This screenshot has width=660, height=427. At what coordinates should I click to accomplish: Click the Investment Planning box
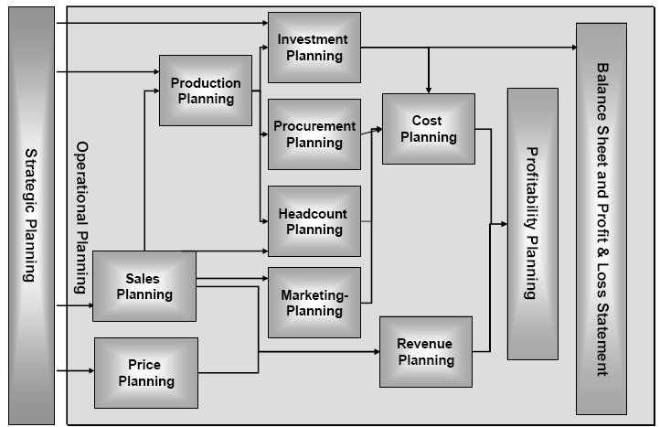pyautogui.click(x=314, y=48)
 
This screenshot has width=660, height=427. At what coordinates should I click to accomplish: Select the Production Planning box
pyautogui.click(x=206, y=91)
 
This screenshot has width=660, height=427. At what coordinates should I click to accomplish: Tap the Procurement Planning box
pyautogui.click(x=314, y=133)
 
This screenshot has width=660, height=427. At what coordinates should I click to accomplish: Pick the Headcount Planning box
pyautogui.click(x=314, y=221)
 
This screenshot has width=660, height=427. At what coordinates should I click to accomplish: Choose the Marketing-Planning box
pyautogui.click(x=314, y=302)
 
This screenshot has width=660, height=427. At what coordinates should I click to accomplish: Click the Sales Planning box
pyautogui.click(x=144, y=286)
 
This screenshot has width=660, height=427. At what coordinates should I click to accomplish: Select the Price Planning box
pyautogui.click(x=146, y=373)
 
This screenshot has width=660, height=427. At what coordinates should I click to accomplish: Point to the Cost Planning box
pyautogui.click(x=427, y=128)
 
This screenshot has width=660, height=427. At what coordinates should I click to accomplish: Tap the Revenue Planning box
pyautogui.click(x=426, y=352)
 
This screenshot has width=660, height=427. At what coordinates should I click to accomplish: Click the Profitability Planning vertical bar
pyautogui.click(x=532, y=224)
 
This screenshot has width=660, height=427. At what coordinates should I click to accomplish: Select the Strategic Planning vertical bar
pyautogui.click(x=30, y=213)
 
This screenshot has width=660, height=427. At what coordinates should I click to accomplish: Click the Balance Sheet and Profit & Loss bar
pyautogui.click(x=601, y=219)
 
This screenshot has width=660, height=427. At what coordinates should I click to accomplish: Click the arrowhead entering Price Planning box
pyautogui.click(x=90, y=371)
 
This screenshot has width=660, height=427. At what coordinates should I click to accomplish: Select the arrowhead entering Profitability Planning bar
pyautogui.click(x=502, y=224)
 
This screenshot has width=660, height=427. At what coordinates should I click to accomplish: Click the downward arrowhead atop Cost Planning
pyautogui.click(x=428, y=88)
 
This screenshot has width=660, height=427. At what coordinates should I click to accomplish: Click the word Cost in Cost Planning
pyautogui.click(x=427, y=121)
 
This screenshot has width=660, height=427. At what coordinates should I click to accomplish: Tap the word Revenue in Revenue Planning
pyautogui.click(x=426, y=344)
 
